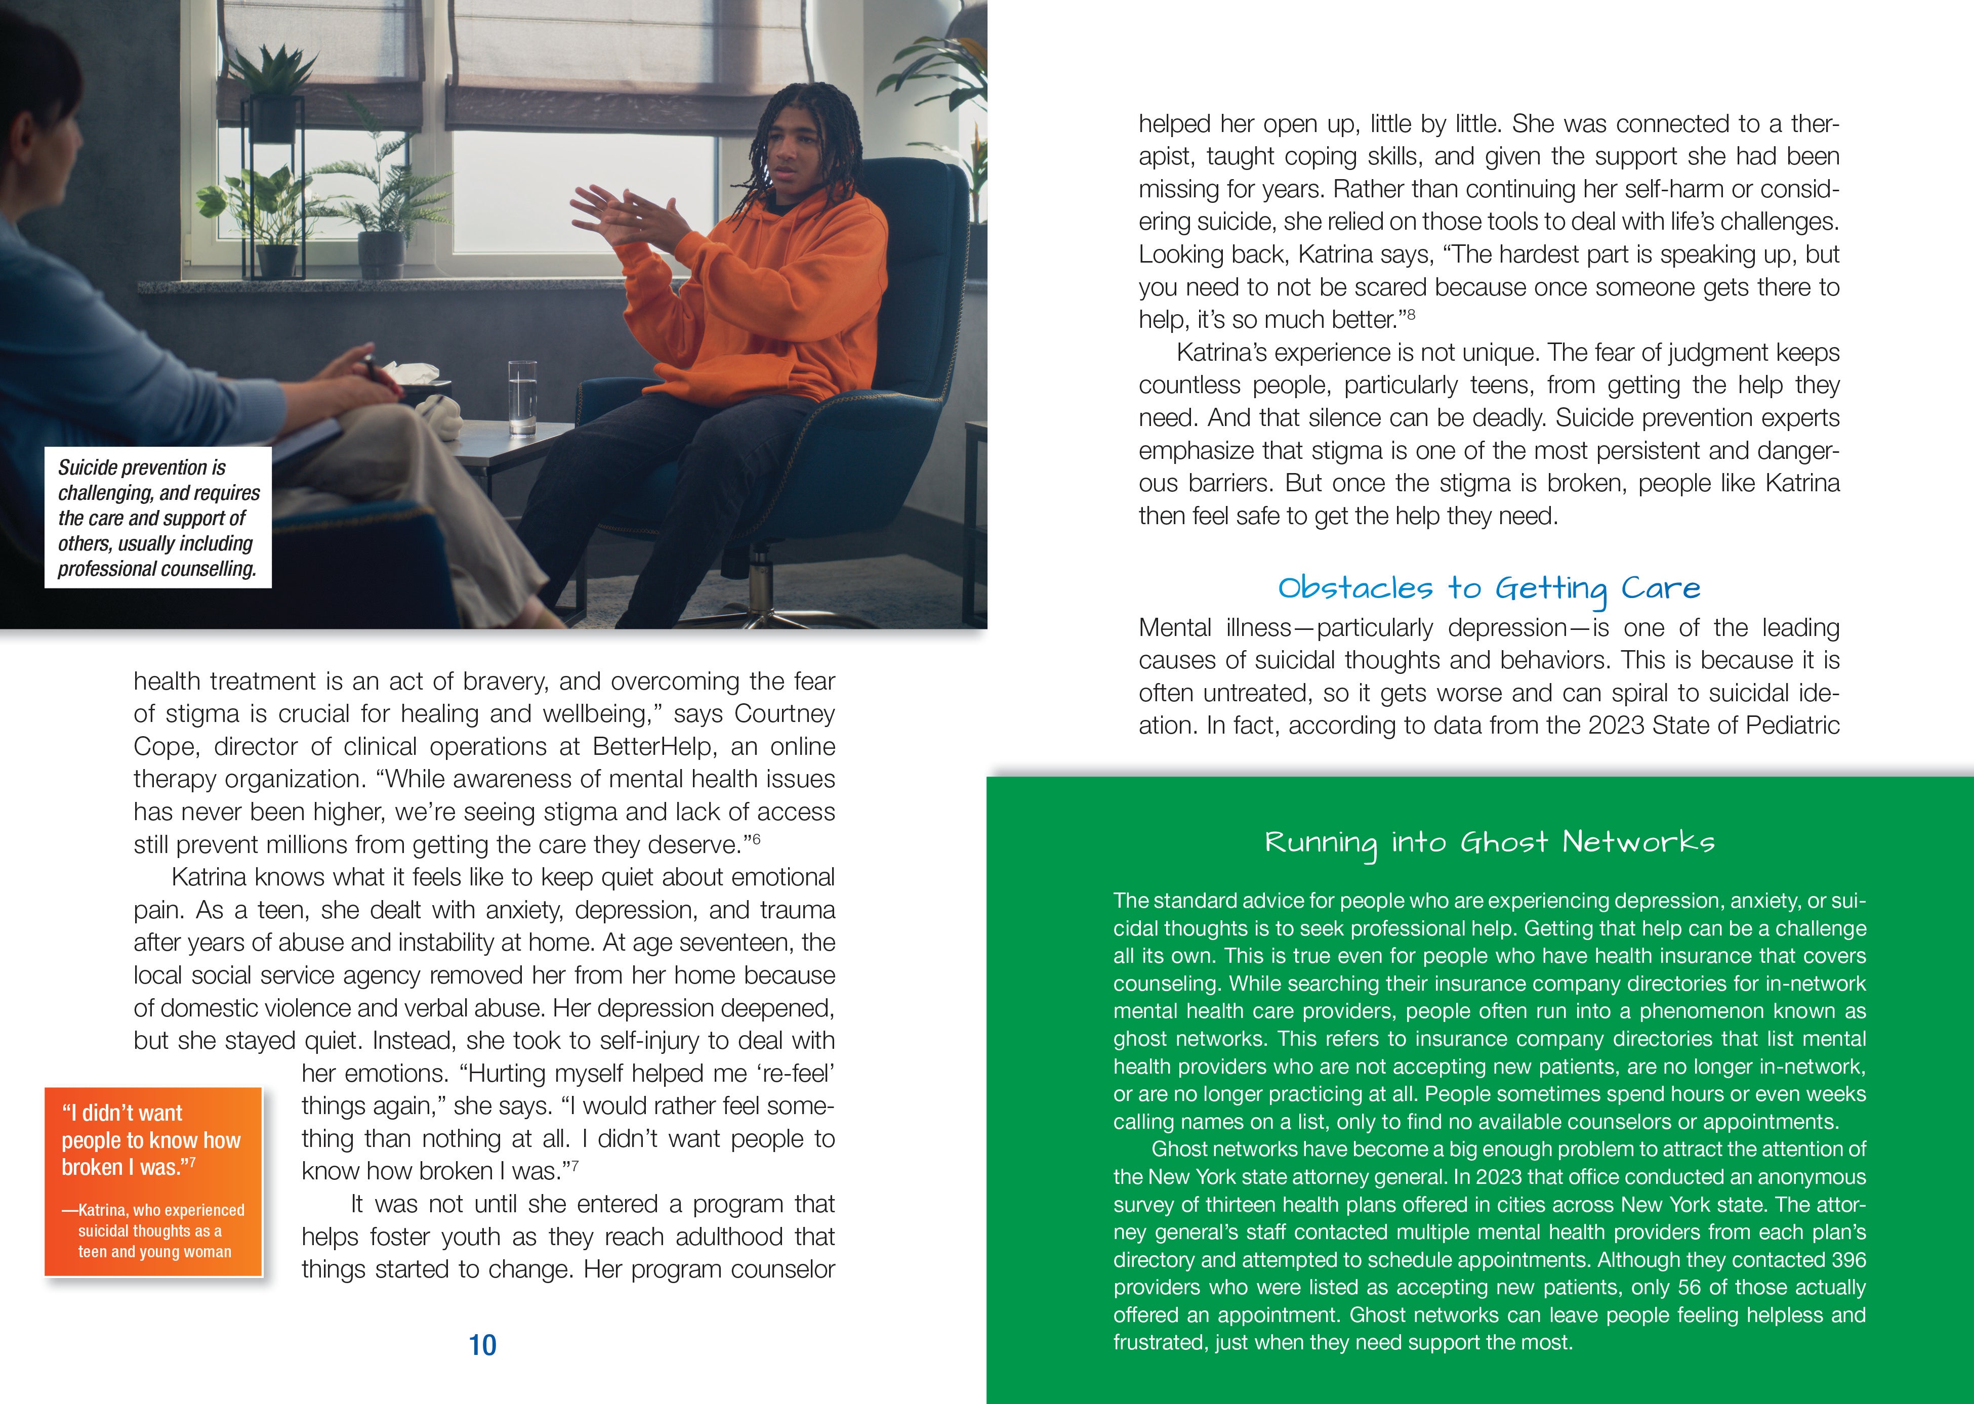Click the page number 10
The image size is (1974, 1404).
(482, 1345)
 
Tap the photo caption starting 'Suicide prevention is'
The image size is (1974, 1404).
(158, 518)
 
